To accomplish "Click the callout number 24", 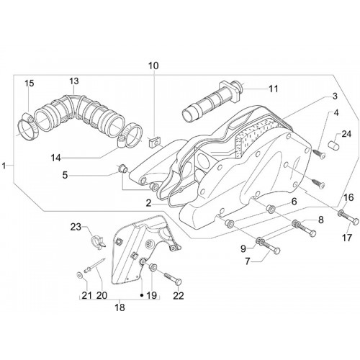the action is (x=346, y=134).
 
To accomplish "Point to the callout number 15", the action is (x=29, y=84).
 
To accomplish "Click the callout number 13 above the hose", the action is (x=74, y=81).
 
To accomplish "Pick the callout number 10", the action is (x=153, y=66).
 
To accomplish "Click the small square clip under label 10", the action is (x=154, y=143).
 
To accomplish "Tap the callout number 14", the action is (x=55, y=158).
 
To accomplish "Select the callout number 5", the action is (x=65, y=175).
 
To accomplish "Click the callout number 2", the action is (x=149, y=204).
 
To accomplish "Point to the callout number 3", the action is (x=335, y=96).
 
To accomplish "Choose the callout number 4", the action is (x=336, y=113).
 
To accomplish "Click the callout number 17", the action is (x=347, y=238).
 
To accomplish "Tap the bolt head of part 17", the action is (x=356, y=221).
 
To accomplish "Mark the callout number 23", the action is (x=76, y=227).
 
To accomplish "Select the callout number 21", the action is (x=87, y=295).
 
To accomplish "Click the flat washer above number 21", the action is (x=79, y=274).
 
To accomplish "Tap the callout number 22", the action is (x=178, y=295).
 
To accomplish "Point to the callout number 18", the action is (x=120, y=307).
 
